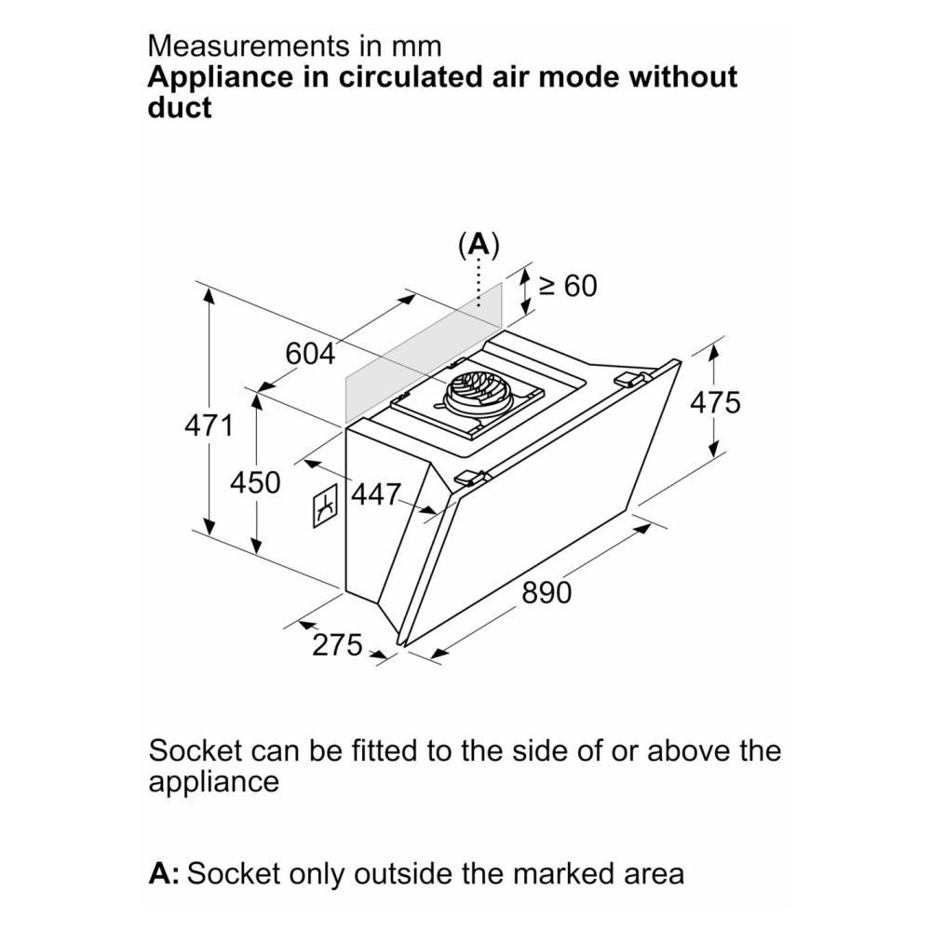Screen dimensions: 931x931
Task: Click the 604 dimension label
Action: coord(310,354)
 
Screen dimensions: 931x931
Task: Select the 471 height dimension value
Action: coord(208,426)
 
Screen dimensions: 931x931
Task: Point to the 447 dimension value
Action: coord(375,493)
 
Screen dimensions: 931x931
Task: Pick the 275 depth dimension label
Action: coord(337,644)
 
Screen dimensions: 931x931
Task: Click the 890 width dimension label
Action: coord(546,592)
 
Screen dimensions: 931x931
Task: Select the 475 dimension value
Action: coord(715,402)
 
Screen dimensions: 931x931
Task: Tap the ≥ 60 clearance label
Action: coord(567,286)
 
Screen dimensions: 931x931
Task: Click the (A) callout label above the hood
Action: coord(479,245)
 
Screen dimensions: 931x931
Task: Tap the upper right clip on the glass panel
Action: coord(633,378)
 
